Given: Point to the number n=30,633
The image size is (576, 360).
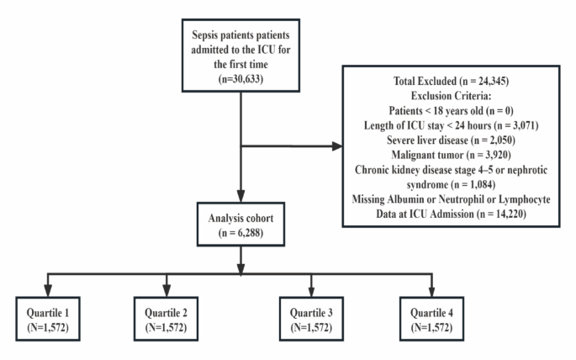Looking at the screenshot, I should tap(241, 82).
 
